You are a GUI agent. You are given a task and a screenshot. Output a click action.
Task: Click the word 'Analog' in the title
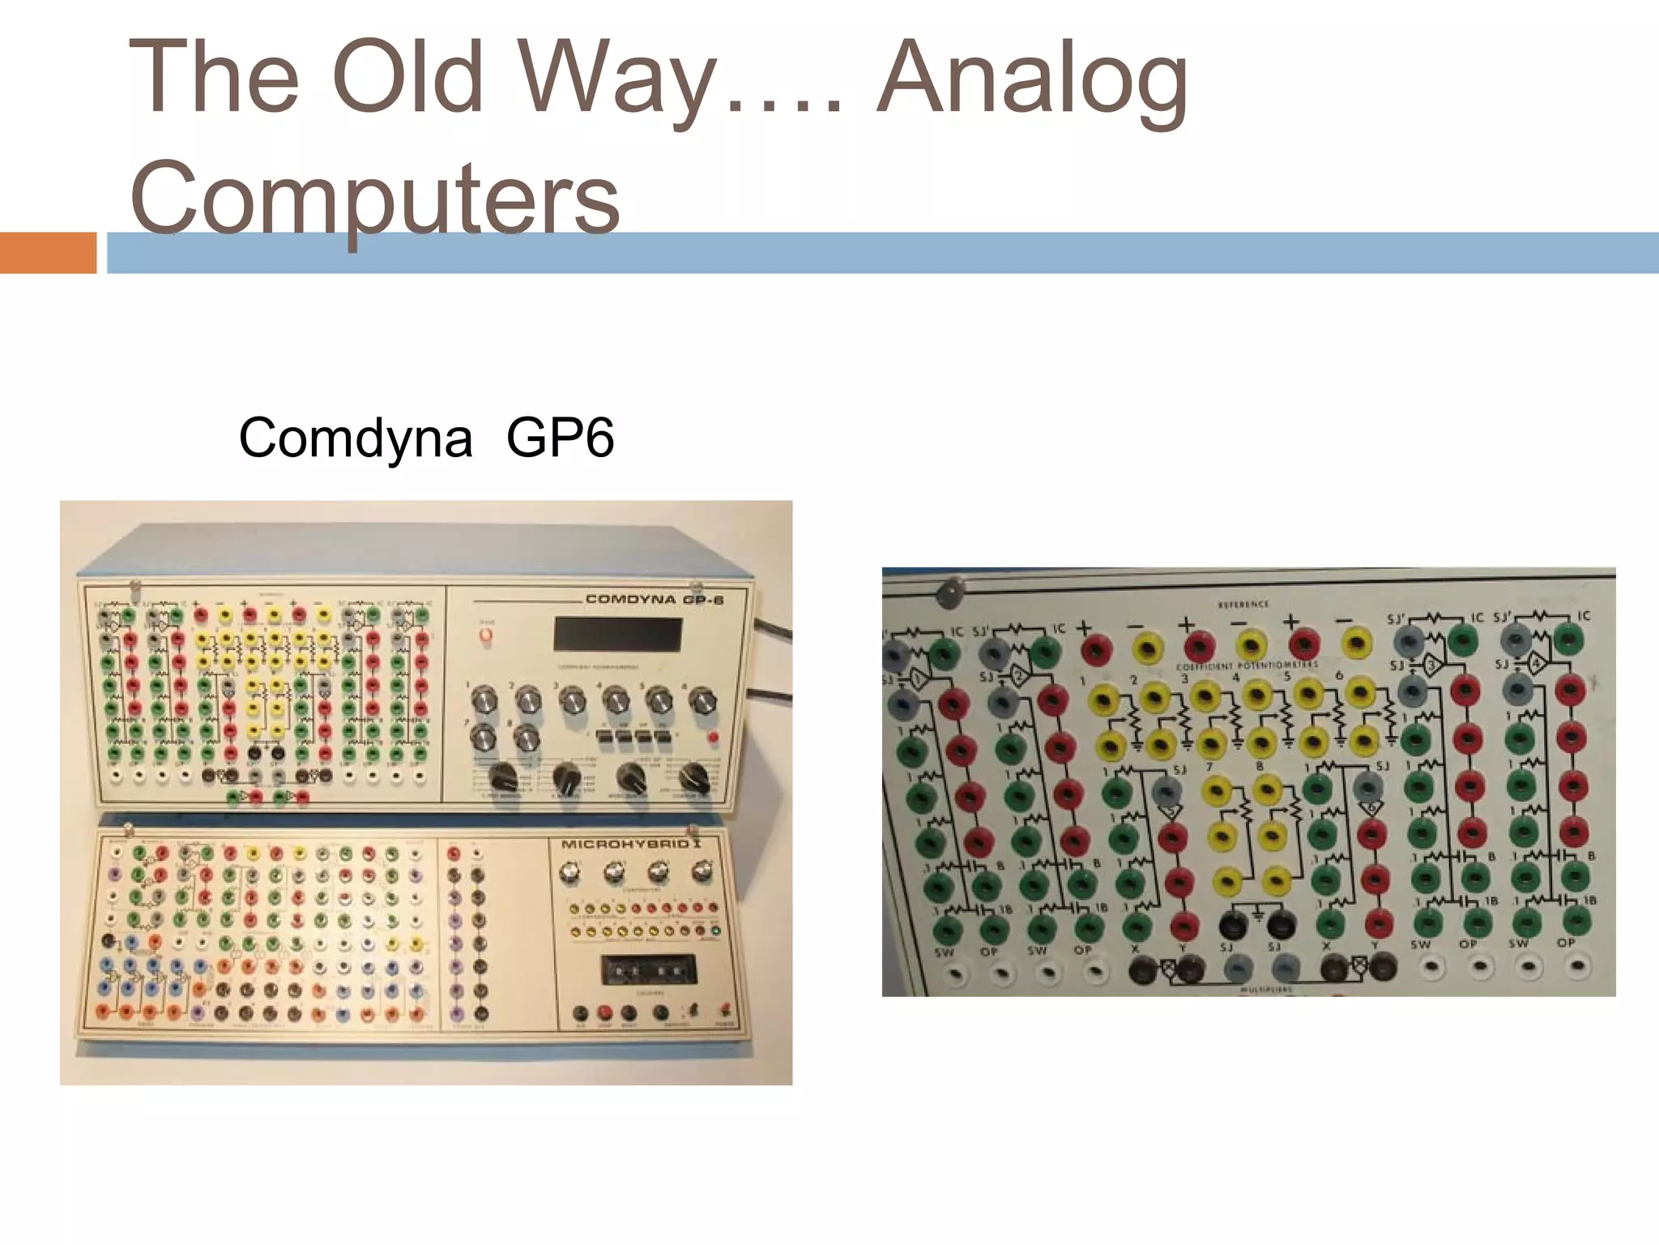[1032, 79]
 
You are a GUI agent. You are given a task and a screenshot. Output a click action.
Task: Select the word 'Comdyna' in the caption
[355, 439]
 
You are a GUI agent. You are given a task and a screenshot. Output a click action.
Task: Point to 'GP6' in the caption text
[560, 439]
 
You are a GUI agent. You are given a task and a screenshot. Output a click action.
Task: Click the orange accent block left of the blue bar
[48, 253]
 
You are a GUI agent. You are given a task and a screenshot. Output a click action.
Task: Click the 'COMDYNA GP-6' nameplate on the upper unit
[654, 600]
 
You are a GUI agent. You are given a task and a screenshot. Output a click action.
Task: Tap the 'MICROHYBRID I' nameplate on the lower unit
[631, 845]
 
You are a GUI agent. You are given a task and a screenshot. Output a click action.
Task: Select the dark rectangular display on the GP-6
[618, 634]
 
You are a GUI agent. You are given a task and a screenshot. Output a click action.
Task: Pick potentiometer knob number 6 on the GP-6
[702, 700]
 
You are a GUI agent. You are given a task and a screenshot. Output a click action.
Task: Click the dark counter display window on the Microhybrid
[648, 969]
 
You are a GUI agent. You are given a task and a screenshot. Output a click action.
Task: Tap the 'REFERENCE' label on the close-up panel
[1243, 605]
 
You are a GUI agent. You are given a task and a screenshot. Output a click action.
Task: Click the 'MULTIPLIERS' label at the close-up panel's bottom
[1265, 990]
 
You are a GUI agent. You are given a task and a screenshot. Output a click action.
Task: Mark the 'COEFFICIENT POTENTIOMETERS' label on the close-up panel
[1247, 666]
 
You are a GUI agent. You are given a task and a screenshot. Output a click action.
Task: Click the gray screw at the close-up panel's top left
[949, 593]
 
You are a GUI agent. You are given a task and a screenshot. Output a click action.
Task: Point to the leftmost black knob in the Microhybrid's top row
[570, 872]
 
